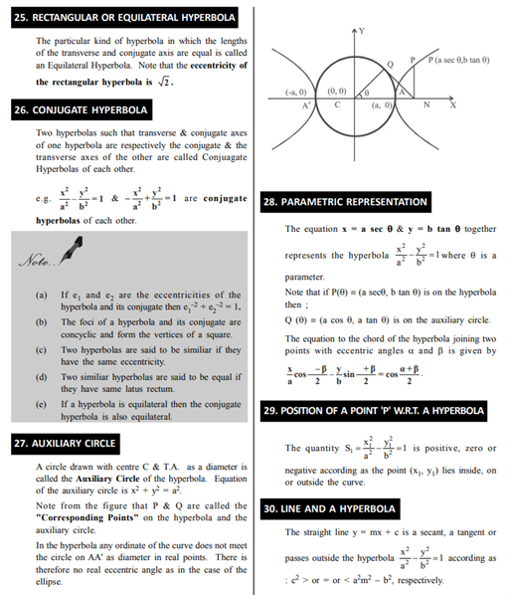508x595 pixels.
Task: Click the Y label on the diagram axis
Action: coord(362,29)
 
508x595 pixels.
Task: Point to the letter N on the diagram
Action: coord(426,104)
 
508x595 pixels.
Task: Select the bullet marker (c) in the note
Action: coord(41,351)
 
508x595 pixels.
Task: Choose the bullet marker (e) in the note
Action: coord(41,405)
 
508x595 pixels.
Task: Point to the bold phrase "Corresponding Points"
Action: coord(85,517)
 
